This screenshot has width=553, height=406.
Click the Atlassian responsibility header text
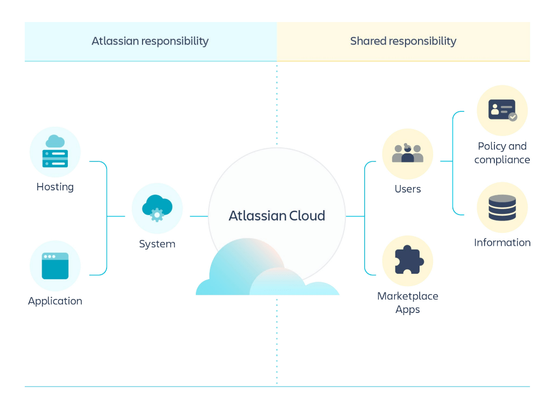click(x=150, y=41)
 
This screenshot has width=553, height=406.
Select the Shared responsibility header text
click(x=403, y=41)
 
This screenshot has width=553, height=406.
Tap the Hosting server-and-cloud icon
click(x=55, y=152)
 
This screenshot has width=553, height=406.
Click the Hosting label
click(x=55, y=187)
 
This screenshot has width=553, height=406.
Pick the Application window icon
click(x=55, y=266)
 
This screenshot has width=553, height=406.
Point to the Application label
click(x=55, y=301)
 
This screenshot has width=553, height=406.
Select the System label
click(x=157, y=244)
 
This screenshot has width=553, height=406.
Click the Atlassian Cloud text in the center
click(x=276, y=216)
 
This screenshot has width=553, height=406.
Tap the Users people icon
click(x=407, y=154)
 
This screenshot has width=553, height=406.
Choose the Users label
click(x=407, y=189)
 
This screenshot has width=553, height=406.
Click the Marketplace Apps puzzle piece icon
click(x=407, y=260)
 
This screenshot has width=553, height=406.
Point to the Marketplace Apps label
click(x=407, y=303)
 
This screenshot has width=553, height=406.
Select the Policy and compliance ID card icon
click(x=502, y=110)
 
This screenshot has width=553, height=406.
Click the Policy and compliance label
click(x=502, y=153)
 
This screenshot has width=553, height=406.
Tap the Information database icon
click(x=502, y=208)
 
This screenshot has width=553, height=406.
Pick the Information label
click(x=502, y=243)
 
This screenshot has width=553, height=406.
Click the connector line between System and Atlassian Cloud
click(x=198, y=216)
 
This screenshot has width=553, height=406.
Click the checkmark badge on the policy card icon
click(x=513, y=117)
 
